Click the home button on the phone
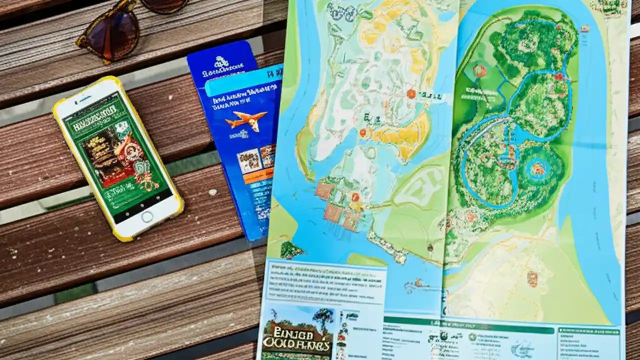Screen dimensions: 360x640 click(147, 216)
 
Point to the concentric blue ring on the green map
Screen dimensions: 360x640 click(537, 168)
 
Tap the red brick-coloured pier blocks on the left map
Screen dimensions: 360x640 click(335, 204)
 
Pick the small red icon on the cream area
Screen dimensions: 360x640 click(532, 278)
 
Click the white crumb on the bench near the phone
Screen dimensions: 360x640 click(212, 191)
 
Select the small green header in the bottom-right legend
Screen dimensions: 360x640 click(588, 331)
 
